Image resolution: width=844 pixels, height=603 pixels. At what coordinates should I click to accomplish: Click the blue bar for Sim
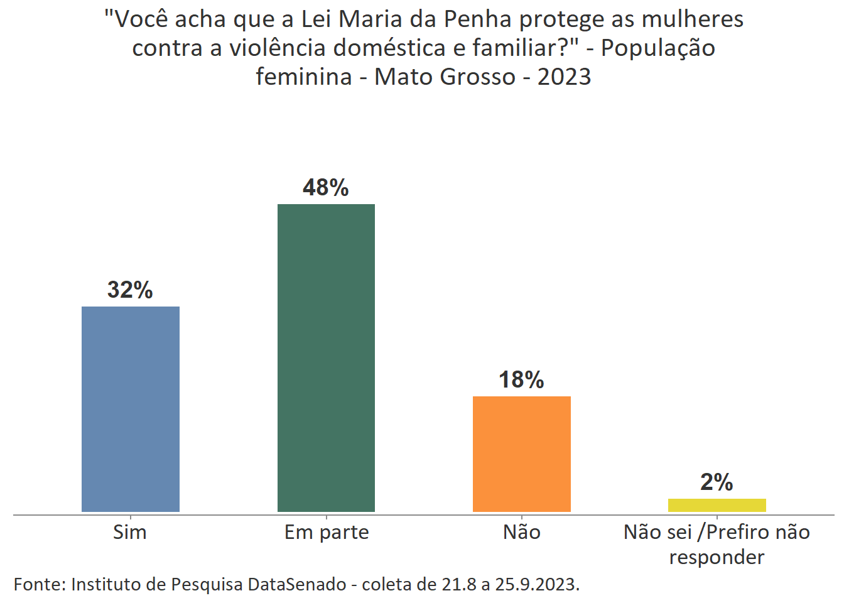(131, 409)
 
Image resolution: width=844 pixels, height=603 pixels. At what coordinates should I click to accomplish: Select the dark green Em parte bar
(326, 357)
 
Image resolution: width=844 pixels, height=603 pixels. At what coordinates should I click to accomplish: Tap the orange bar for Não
(521, 454)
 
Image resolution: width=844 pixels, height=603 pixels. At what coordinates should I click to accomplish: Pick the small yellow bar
(717, 505)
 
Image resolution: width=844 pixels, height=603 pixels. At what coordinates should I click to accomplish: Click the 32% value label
(130, 290)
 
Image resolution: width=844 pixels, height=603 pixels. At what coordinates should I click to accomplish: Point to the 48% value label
(325, 188)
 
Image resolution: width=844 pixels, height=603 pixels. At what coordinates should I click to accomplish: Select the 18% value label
(521, 380)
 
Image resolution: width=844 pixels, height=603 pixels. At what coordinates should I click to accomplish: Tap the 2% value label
(717, 482)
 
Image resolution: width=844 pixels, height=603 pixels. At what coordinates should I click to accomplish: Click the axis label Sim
(130, 533)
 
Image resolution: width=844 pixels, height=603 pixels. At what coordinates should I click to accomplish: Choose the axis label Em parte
(327, 533)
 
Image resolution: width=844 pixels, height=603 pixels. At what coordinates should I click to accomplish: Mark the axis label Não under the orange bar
(522, 533)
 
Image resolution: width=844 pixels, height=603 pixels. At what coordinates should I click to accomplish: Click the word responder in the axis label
(717, 557)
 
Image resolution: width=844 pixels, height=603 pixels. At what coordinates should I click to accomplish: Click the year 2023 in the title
(564, 77)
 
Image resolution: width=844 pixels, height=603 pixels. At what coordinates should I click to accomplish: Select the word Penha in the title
(477, 19)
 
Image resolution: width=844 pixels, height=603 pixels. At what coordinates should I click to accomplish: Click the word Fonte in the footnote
(39, 585)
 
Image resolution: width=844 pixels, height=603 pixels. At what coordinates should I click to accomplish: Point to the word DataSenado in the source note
(297, 585)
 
